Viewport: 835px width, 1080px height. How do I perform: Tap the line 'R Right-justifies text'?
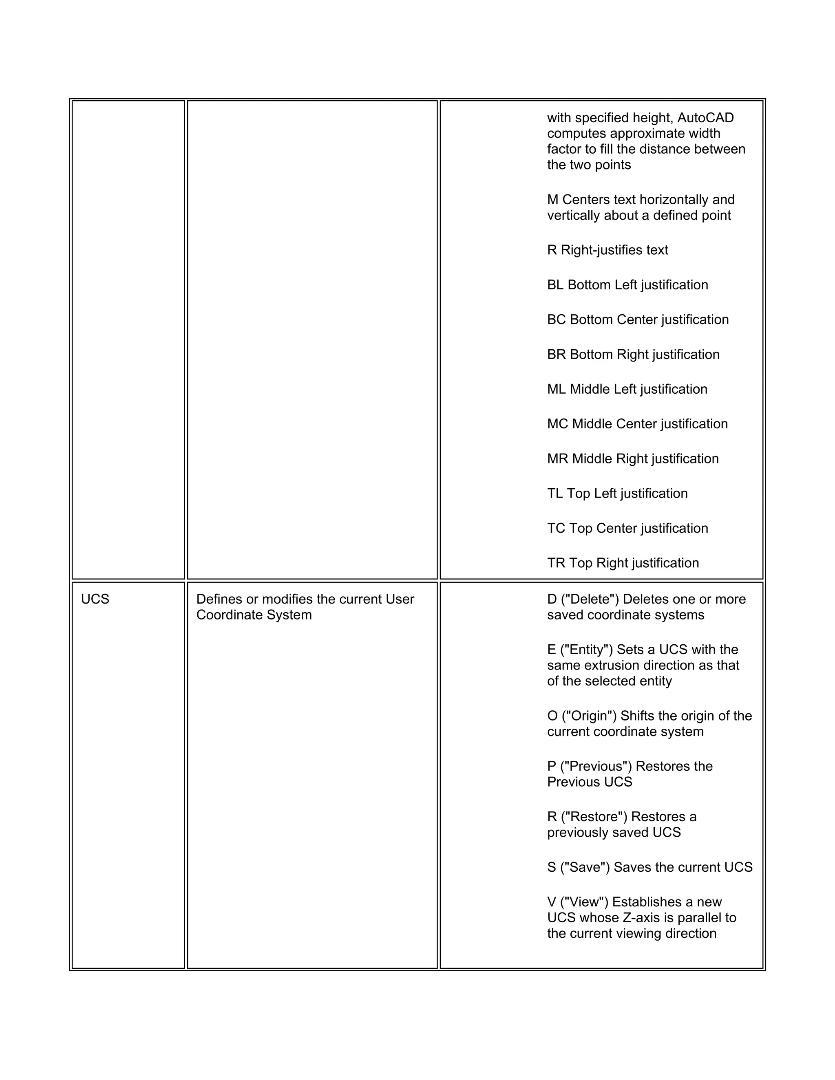pos(607,250)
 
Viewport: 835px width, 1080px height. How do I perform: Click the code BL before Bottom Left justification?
pos(555,285)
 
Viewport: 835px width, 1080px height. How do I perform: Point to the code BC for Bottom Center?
pos(556,320)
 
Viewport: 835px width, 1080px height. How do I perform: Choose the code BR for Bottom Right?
pos(556,355)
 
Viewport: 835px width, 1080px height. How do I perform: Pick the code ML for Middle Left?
pos(556,389)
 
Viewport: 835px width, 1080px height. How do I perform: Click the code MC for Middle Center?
pos(557,424)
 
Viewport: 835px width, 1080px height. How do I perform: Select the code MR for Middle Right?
pos(557,459)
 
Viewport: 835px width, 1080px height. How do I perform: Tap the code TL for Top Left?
pos(554,494)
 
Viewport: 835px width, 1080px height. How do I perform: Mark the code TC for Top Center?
pos(556,528)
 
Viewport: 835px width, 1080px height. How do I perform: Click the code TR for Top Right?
pos(556,563)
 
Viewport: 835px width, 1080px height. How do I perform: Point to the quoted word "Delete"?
pos(589,600)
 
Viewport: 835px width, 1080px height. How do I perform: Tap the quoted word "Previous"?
pos(596,767)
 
